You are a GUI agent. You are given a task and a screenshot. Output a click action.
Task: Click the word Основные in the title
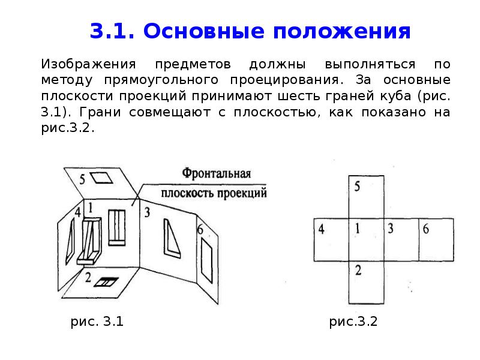203,31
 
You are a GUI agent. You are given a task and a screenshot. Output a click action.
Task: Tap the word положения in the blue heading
341,32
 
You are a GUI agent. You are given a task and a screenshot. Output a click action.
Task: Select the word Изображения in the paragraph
88,64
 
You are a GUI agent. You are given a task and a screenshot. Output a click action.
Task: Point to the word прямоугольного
161,80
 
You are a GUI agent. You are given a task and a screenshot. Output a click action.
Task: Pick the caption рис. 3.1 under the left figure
97,322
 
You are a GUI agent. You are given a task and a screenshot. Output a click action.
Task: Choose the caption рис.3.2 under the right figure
353,322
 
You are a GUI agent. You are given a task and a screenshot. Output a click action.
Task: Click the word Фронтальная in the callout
217,173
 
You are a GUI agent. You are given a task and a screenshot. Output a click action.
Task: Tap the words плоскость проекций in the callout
214,193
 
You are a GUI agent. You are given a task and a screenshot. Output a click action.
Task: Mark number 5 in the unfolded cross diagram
357,186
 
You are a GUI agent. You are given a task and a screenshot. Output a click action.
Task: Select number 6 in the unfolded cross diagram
425,229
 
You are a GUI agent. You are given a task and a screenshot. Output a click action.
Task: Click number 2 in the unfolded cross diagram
358,270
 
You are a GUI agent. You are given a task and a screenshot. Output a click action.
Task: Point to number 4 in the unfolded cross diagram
321,229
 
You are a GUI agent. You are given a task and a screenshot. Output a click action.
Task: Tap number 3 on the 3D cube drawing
147,212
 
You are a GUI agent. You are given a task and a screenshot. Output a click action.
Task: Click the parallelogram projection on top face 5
101,178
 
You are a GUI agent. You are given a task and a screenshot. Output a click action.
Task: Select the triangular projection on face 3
172,238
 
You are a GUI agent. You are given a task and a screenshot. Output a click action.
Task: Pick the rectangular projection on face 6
206,260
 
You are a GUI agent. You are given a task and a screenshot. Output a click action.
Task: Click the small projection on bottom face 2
106,282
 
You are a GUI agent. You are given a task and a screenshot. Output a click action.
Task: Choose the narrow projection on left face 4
70,241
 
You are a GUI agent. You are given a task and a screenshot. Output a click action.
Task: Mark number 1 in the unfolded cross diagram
357,229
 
